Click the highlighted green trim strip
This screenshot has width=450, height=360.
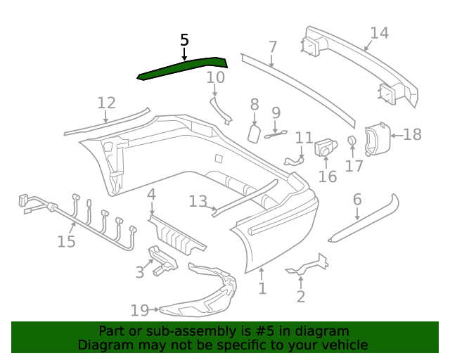pos(183,67)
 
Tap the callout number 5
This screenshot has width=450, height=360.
pos(184,40)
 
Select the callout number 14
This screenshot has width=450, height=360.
pos(379,33)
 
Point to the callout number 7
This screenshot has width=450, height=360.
pos(273,48)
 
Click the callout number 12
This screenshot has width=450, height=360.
pos(106,103)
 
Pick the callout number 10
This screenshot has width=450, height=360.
pos(215,77)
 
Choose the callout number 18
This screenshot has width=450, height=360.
pos(413,134)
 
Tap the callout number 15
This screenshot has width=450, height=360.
pos(66,242)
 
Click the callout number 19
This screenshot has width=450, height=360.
pos(140,309)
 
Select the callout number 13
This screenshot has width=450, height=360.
pos(198,202)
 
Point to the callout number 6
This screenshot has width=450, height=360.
pos(357,200)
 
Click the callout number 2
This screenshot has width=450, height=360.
pos(301,297)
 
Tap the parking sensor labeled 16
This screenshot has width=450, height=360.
pos(324,148)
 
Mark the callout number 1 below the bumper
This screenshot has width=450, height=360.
pos(262,288)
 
